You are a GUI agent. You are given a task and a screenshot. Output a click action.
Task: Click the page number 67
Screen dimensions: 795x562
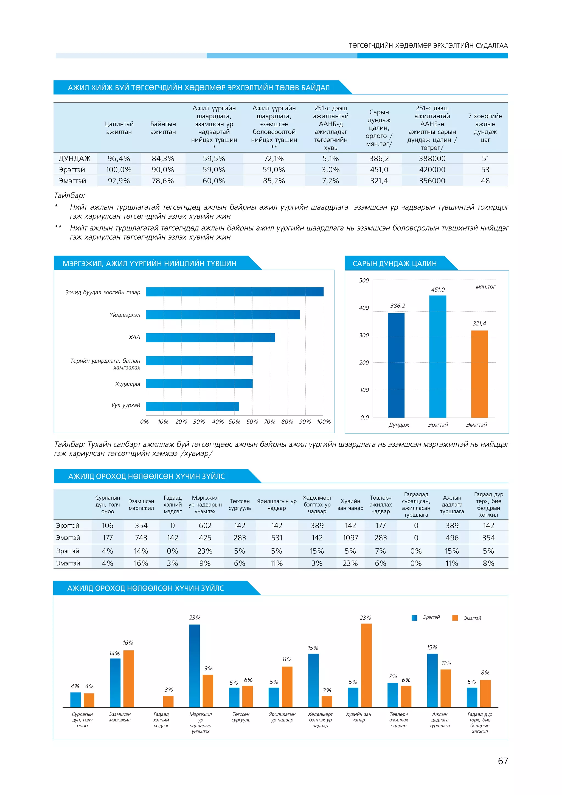tap(502, 761)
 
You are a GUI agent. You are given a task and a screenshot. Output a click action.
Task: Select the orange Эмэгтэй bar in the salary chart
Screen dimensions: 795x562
tap(479, 374)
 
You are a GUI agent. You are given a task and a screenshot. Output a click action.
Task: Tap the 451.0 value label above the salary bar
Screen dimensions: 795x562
tap(438, 289)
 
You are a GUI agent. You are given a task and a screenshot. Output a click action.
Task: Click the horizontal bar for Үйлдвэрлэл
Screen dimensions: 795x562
tap(223, 315)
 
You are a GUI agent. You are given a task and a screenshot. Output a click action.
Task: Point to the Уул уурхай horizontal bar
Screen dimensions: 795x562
tap(192, 407)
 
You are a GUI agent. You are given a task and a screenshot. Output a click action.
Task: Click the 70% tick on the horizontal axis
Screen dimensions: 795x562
tap(269, 422)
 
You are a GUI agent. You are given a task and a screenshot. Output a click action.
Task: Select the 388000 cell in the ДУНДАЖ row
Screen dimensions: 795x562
tap(432, 159)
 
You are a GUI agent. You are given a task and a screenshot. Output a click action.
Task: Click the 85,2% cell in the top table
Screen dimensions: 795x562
tap(274, 181)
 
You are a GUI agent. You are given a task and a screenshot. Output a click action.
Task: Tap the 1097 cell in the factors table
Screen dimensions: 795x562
tap(350, 538)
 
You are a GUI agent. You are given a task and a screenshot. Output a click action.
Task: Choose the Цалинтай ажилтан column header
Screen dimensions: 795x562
tap(119, 128)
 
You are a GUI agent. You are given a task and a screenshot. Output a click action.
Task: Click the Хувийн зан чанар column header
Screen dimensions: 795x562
tap(350, 505)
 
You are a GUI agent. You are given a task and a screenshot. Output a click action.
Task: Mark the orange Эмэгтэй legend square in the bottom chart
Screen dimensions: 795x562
tap(455, 618)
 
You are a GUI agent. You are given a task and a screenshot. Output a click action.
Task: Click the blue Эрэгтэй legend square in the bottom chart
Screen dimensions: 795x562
tap(414, 618)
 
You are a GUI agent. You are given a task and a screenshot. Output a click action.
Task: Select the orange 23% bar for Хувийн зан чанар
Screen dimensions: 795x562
tap(366, 665)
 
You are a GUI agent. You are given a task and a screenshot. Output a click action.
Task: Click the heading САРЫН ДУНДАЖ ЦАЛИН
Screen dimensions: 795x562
tap(395, 264)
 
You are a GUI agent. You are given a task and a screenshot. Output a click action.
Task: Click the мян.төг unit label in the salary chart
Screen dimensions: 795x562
tap(485, 287)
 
